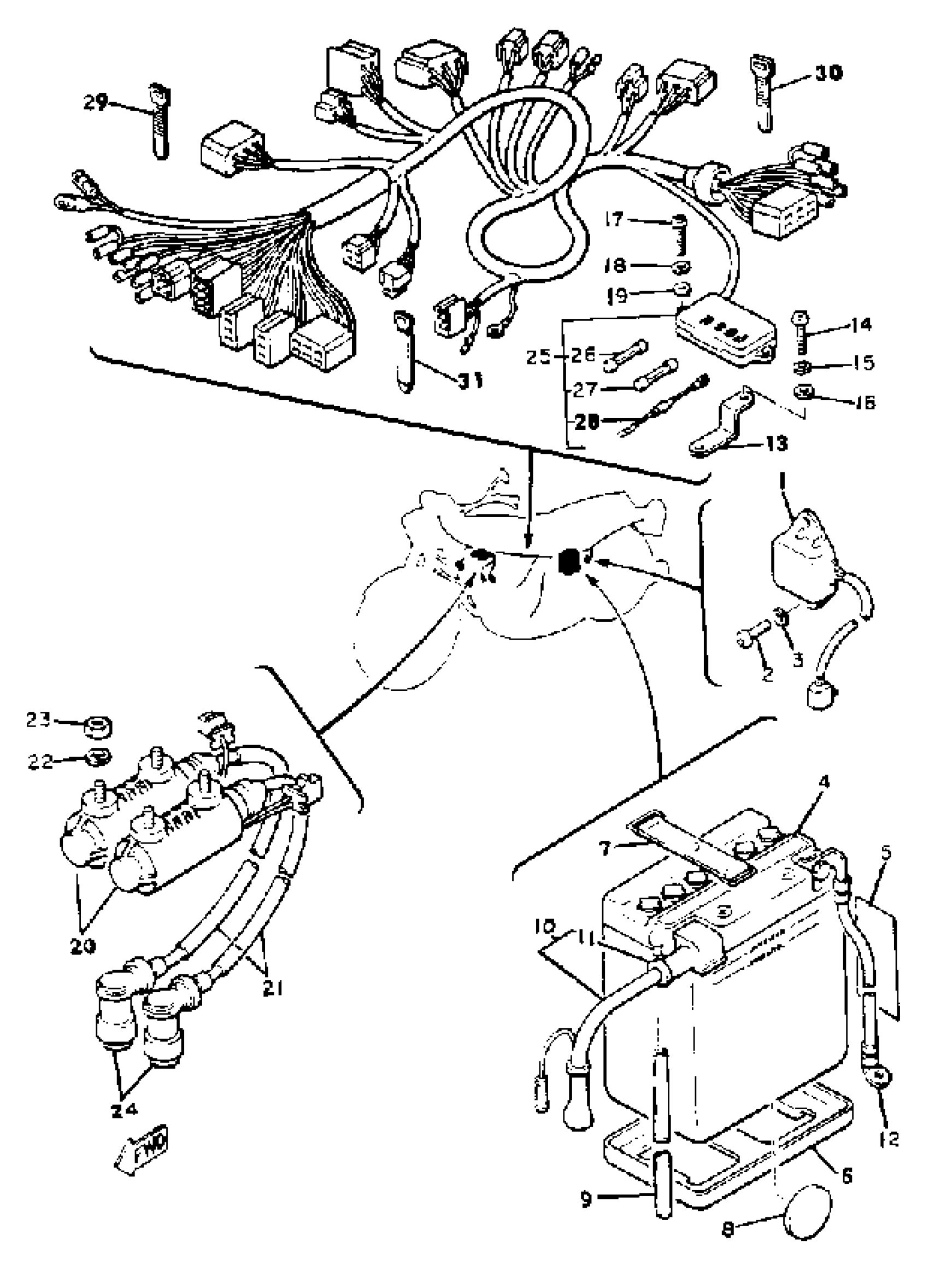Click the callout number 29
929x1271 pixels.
tap(95, 103)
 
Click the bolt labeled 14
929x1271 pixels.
tap(799, 333)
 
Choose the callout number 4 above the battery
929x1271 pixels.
tap(809, 782)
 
